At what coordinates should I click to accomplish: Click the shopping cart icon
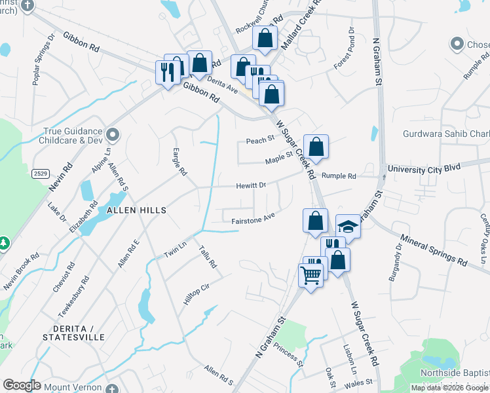[311, 274]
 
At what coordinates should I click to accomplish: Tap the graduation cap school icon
[349, 227]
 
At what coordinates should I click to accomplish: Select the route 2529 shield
[39, 172]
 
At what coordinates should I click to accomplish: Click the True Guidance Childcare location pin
[113, 135]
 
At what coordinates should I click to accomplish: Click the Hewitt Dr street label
[252, 185]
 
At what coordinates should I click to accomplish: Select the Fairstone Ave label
[252, 221]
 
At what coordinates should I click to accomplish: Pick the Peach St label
[259, 140]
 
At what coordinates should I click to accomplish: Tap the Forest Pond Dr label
[343, 48]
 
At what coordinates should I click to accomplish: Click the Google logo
[22, 385]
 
